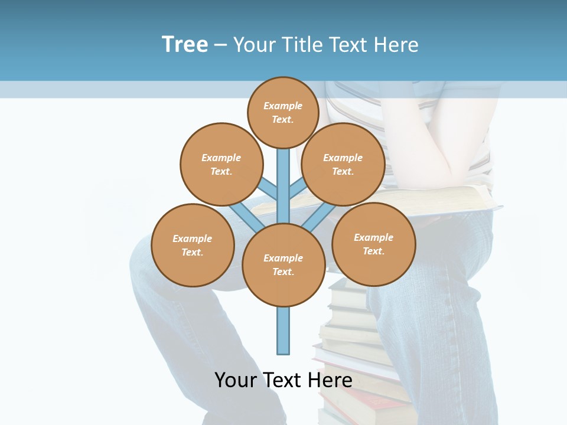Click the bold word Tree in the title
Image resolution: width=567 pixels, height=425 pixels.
185,45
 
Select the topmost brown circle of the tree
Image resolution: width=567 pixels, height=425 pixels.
283,112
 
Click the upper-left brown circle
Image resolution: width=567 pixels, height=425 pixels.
221,164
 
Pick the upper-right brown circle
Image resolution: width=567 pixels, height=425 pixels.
343,164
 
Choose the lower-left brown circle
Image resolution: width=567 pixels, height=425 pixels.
193,245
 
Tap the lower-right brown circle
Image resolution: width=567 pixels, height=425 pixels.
374,244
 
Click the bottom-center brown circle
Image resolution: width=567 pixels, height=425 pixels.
283,264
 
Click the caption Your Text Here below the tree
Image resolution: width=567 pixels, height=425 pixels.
283,380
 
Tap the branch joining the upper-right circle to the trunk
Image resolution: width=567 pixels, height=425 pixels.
297,190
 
